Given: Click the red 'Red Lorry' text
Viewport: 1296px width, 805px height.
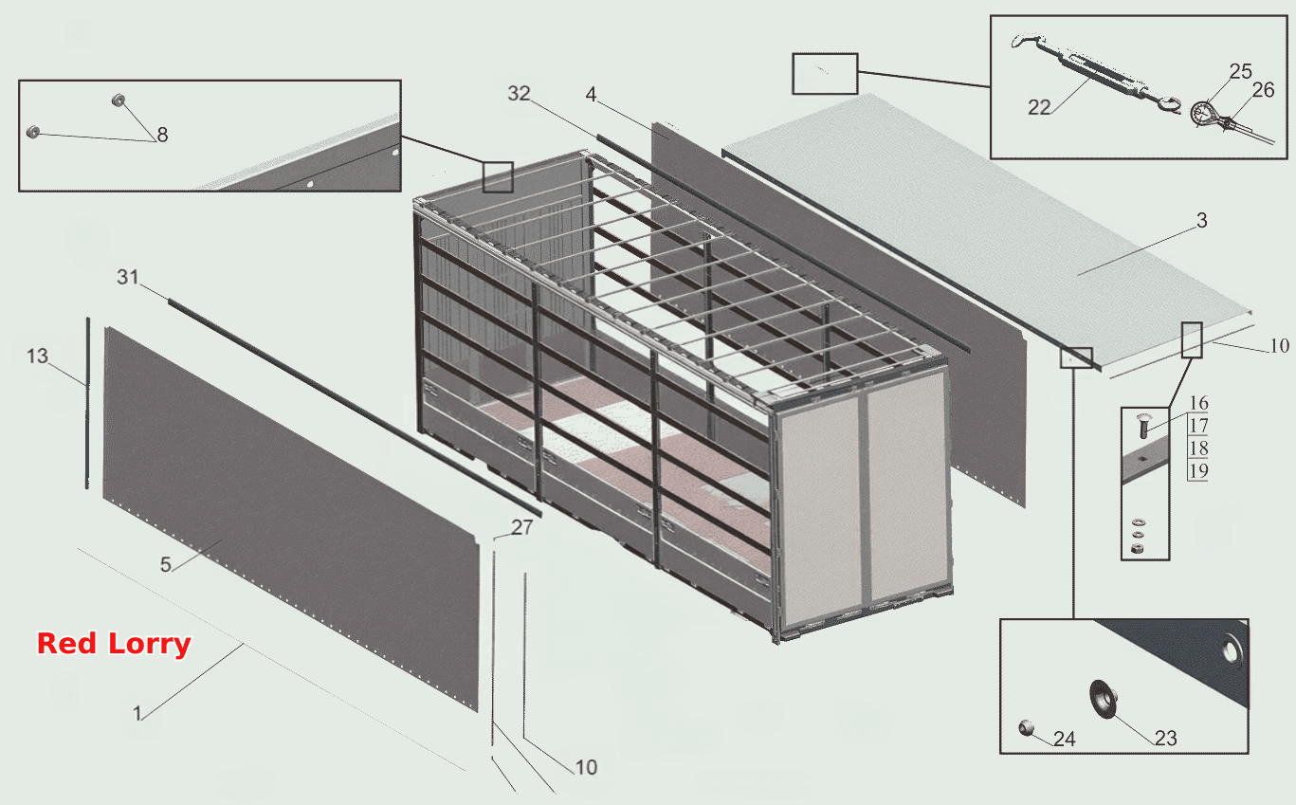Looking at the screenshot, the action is tap(114, 644).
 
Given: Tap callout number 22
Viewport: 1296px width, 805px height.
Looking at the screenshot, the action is tap(1039, 107).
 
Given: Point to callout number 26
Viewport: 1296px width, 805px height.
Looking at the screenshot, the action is tap(1263, 90).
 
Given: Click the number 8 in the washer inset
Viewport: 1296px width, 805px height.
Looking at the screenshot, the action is tap(162, 135).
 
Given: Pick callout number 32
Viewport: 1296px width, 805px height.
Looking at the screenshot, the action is tap(519, 93).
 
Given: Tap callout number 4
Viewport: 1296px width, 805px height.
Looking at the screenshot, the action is tap(591, 94).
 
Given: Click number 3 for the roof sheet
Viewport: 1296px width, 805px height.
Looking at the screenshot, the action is tap(1202, 220).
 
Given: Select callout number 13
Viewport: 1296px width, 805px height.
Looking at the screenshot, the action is tap(38, 356).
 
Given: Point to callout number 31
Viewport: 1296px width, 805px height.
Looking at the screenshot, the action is tap(128, 277).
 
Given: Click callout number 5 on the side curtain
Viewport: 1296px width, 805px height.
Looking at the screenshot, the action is tap(166, 564).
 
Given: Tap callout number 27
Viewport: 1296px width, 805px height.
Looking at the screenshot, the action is tap(521, 527).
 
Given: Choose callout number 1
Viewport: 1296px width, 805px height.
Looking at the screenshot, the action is tap(137, 714).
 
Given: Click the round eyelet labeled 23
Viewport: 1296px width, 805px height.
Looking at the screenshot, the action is tap(1103, 699).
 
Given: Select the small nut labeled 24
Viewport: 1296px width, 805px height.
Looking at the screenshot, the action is tap(1026, 727).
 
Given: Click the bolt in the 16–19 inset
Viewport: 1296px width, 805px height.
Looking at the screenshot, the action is tap(1142, 426).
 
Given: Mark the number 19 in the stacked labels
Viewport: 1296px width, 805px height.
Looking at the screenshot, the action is tap(1198, 470).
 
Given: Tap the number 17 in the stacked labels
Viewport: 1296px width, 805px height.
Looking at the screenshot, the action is tap(1198, 426).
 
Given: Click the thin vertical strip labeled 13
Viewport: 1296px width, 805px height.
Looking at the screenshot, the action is tap(88, 403).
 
